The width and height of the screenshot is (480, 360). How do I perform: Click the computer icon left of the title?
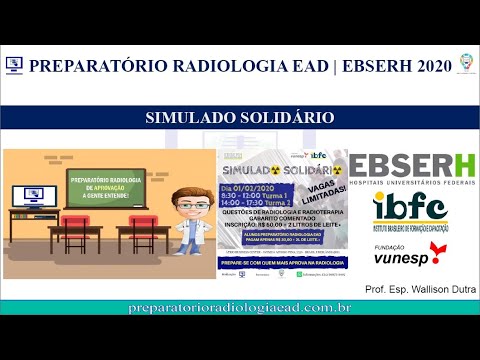tap(14, 65)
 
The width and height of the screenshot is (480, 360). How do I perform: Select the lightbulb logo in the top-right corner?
tap(464, 63)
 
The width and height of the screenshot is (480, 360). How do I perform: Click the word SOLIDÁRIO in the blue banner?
tap(282, 118)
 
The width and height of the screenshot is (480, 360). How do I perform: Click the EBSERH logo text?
tap(411, 165)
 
